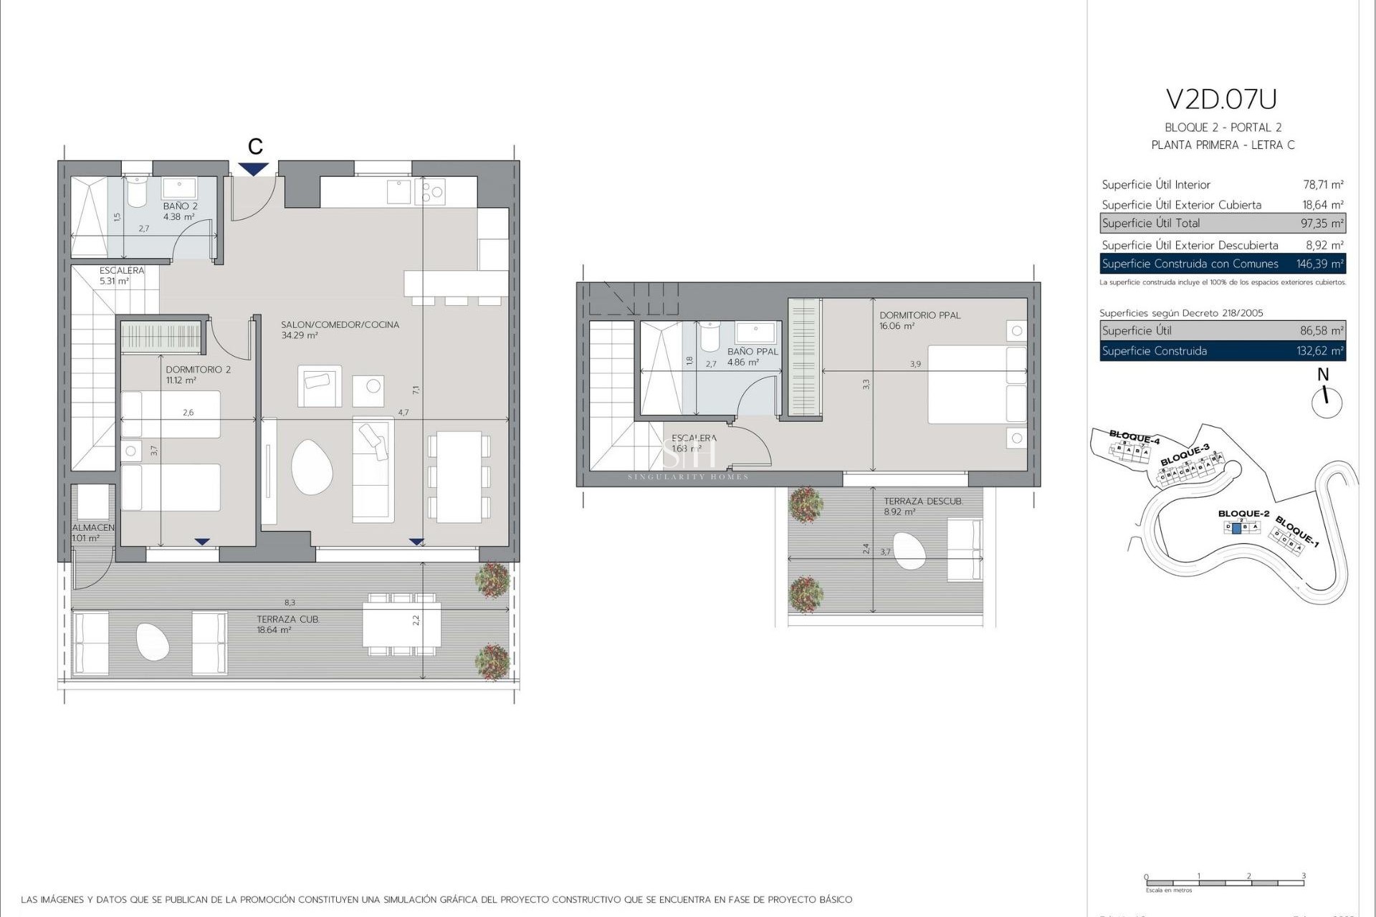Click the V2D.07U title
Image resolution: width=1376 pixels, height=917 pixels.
pos(1222,100)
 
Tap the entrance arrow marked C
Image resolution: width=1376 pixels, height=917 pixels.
pos(254,169)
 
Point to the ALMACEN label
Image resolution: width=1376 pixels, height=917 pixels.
pos(92,528)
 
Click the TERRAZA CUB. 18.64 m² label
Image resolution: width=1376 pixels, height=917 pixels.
pos(287,624)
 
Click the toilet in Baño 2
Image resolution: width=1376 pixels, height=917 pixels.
pos(136,192)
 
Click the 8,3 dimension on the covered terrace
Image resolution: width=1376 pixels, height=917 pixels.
pos(290,603)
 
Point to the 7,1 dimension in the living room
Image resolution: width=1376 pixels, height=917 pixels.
pos(416,390)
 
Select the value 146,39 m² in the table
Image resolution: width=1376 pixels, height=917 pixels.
pos(1319,264)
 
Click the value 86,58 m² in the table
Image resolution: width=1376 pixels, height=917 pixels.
pos(1322,331)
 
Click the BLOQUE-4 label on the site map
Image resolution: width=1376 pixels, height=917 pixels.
pos(1134,436)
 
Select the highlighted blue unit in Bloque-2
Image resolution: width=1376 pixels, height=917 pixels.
pos(1236,527)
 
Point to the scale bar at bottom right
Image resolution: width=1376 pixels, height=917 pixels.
pos(1224,883)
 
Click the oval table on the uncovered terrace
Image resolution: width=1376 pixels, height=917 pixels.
pos(909,550)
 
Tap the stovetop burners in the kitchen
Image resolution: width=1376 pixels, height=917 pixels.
pos(432,192)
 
